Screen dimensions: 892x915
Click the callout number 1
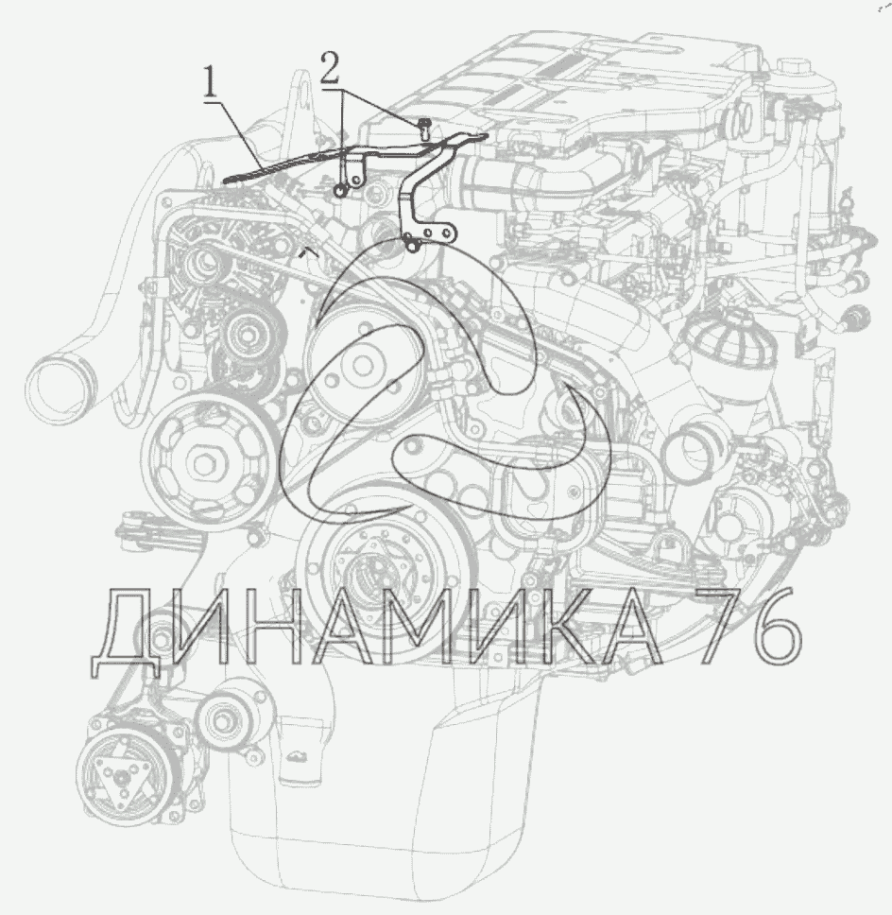tap(210, 84)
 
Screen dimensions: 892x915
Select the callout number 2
tap(330, 67)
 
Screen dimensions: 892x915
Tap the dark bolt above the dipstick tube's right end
tap(424, 128)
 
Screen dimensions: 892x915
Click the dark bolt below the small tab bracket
tap(341, 190)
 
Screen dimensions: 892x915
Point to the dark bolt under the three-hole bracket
tap(412, 247)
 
